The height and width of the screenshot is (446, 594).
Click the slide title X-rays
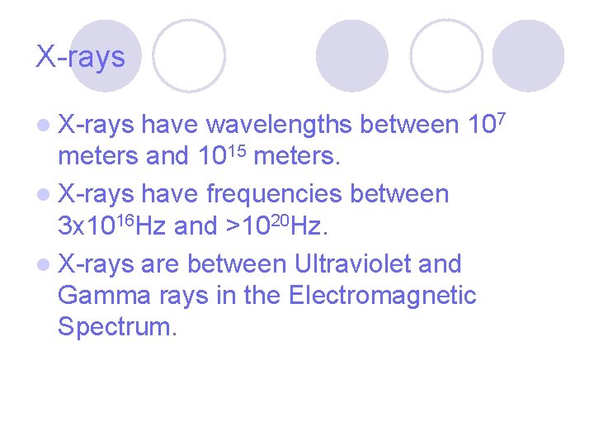[80, 57]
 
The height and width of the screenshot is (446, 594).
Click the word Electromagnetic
[383, 295]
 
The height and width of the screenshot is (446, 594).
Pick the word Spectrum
[117, 326]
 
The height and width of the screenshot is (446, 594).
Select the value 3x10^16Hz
[112, 225]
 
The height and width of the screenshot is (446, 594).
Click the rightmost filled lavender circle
[528, 55]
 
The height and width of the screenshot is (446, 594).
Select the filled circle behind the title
[105, 55]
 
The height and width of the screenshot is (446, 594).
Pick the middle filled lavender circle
[352, 55]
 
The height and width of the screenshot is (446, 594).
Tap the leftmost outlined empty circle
[189, 55]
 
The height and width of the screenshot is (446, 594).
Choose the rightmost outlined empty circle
[446, 55]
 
